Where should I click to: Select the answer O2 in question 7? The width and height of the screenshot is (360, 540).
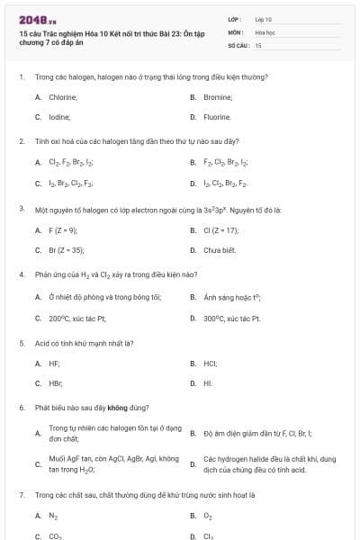pos(208,516)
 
